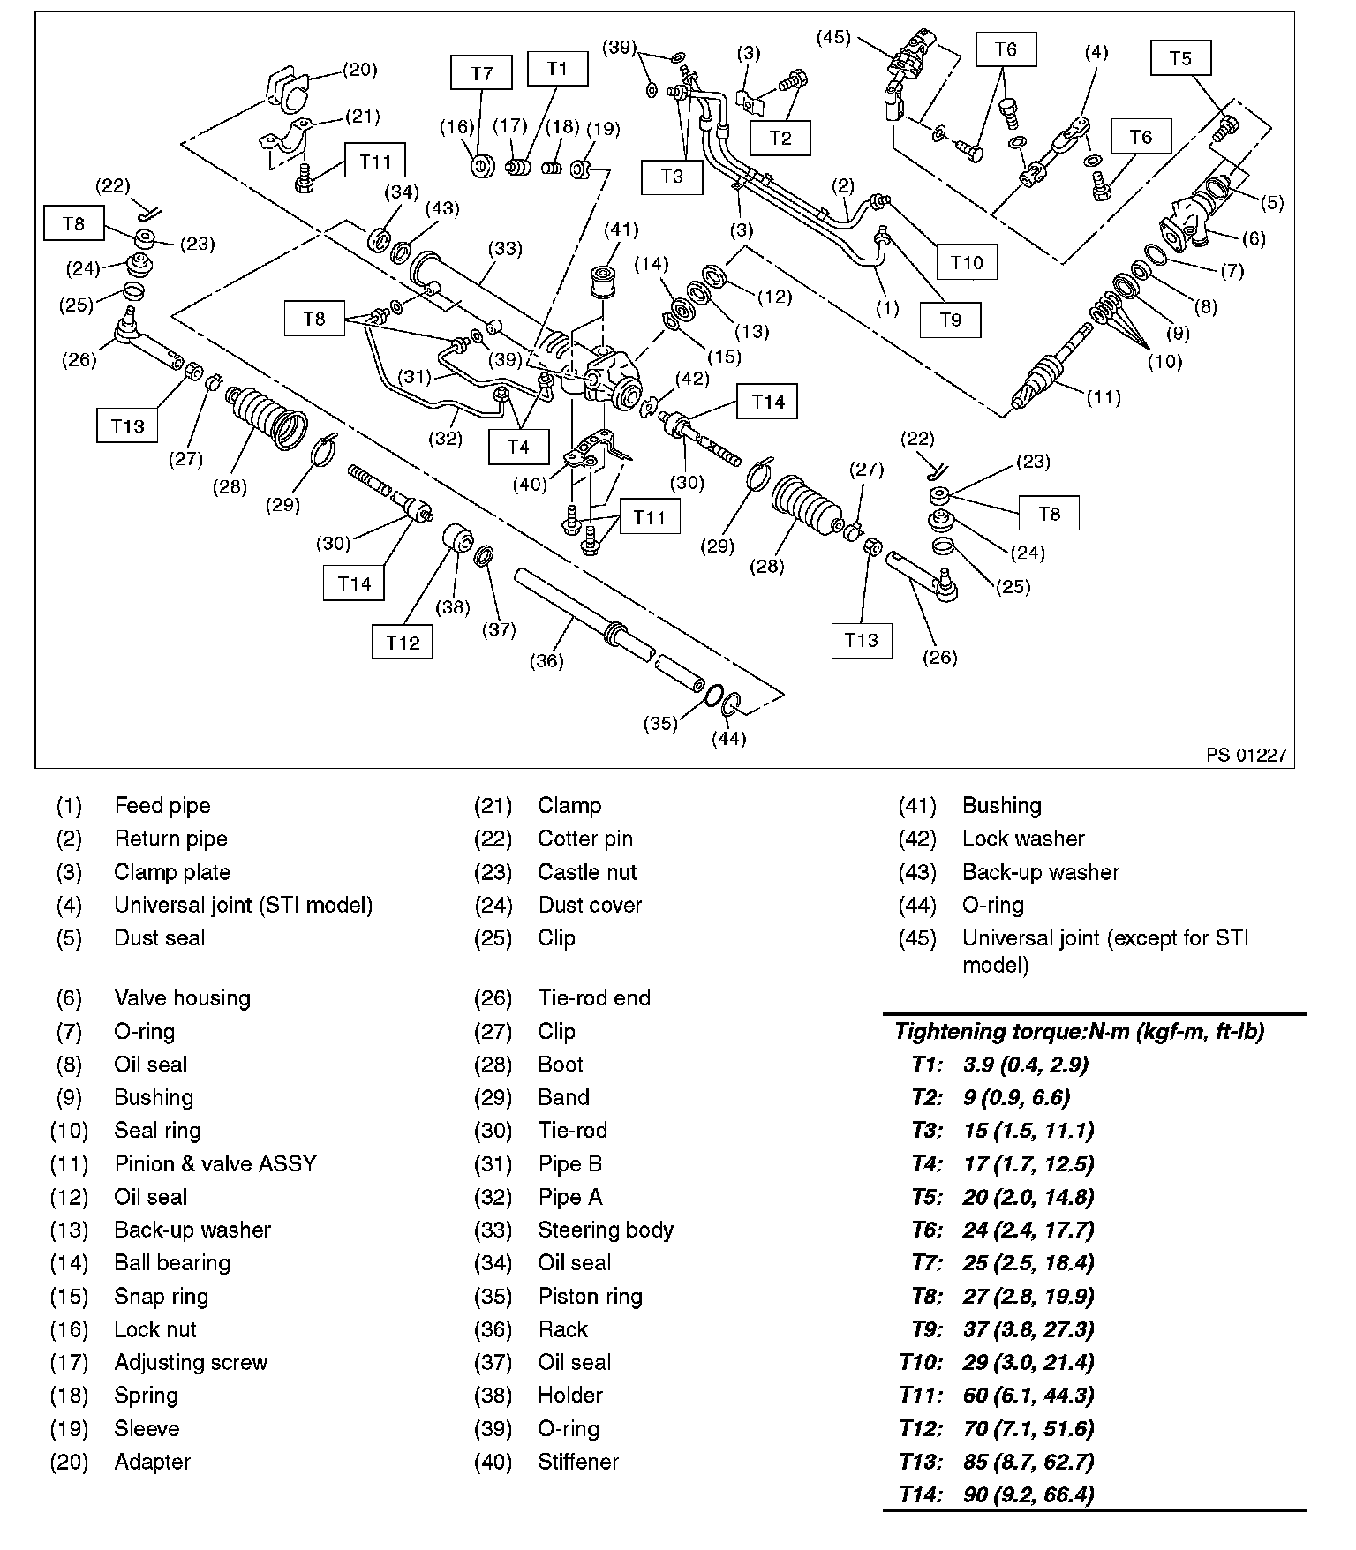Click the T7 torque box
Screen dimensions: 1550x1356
click(x=481, y=72)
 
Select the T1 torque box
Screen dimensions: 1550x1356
click(x=557, y=68)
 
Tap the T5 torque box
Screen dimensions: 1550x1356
click(x=1180, y=58)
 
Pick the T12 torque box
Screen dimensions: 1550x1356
click(x=403, y=642)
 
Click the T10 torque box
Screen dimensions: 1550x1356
click(x=967, y=262)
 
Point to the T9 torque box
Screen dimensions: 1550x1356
click(x=950, y=320)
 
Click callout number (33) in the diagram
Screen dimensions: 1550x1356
click(x=506, y=249)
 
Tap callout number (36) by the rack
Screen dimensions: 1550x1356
click(x=546, y=660)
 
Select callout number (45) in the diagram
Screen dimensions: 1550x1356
click(x=833, y=37)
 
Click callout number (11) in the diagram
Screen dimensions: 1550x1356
click(x=1104, y=397)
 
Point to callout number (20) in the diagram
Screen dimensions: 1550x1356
click(x=359, y=70)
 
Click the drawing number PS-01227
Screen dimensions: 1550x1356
click(x=1247, y=756)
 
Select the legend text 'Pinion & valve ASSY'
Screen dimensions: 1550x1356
click(x=215, y=1163)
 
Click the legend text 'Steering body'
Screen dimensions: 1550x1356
click(x=605, y=1230)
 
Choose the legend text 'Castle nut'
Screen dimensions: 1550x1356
click(x=587, y=872)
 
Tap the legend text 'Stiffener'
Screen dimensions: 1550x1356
click(x=578, y=1462)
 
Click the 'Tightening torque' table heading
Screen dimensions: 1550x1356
click(x=1079, y=1031)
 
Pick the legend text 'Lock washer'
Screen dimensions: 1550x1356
click(x=1023, y=839)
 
